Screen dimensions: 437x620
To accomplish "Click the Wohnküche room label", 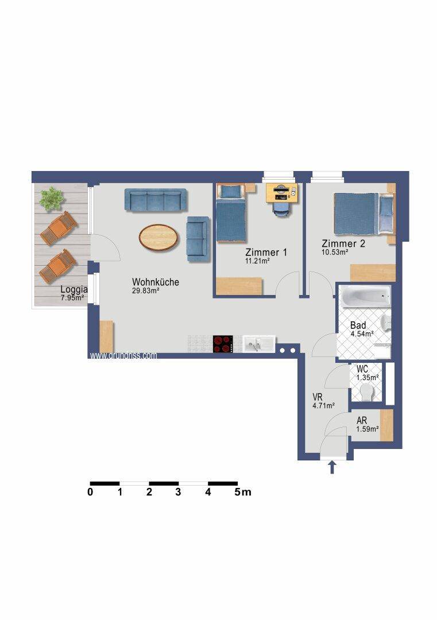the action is tap(156, 282).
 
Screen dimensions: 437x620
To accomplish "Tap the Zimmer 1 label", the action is tap(266, 252).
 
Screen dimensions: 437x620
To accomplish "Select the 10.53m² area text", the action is tap(335, 252).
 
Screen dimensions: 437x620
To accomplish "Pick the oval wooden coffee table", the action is tap(159, 237).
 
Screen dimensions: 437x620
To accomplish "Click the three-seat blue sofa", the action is tap(156, 200).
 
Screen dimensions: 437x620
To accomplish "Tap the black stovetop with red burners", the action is tap(223, 344).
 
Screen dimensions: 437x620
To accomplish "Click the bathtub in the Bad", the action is tap(366, 297).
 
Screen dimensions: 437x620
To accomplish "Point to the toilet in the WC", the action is tap(368, 393).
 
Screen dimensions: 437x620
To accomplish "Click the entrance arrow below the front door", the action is tap(332, 467).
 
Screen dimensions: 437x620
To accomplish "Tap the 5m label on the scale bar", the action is tap(243, 492).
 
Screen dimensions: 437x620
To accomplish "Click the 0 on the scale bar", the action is tap(90, 492).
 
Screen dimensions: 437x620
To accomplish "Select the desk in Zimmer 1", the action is tap(281, 193).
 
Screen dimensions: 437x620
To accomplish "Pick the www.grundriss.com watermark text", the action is tap(123, 355).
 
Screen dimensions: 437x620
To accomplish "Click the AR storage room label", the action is tap(361, 421).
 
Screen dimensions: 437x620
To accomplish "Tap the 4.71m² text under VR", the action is tap(323, 405).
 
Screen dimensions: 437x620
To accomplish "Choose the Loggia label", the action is tap(74, 289).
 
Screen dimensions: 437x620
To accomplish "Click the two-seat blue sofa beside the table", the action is tap(198, 239).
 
